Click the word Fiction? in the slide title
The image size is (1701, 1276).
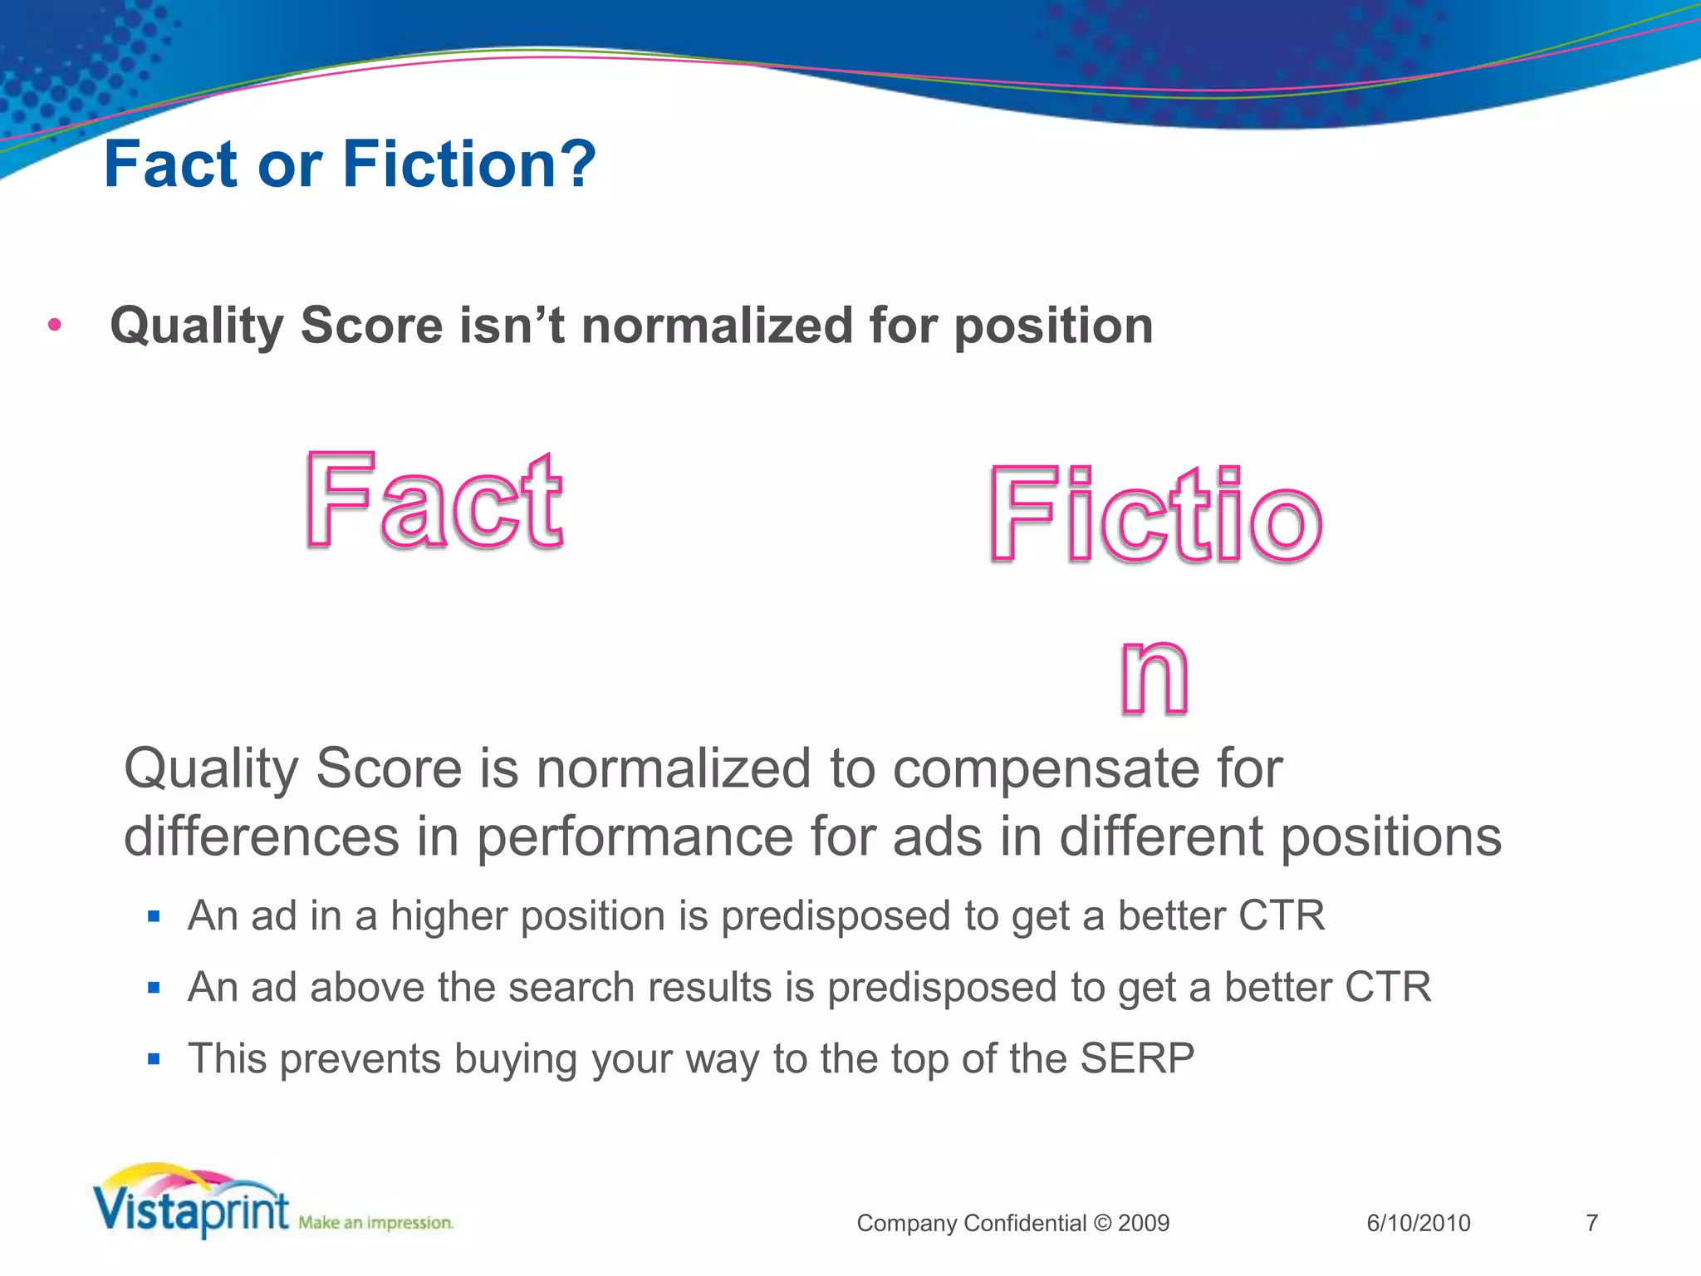click(x=468, y=164)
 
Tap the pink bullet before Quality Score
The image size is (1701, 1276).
click(x=55, y=325)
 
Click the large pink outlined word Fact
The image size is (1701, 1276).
click(x=434, y=502)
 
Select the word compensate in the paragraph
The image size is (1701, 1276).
click(x=1045, y=768)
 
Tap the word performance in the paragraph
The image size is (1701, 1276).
click(x=635, y=837)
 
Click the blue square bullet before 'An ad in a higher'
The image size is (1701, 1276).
click(x=153, y=916)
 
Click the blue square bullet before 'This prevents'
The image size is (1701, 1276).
click(x=153, y=1059)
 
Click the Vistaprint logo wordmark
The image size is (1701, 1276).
click(x=191, y=1210)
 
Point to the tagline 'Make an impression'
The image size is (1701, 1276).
click(x=375, y=1222)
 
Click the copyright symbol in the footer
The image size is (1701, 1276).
click(x=1102, y=1223)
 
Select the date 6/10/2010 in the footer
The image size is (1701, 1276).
click(x=1418, y=1223)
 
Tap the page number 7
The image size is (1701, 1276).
click(x=1591, y=1223)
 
